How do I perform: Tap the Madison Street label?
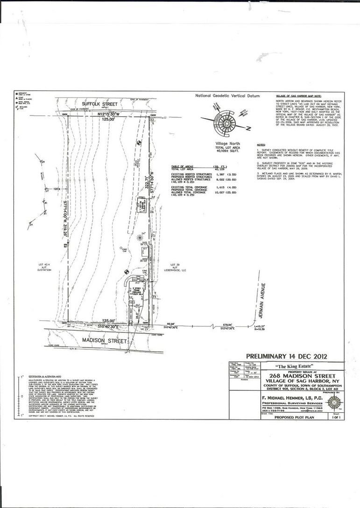99,340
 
